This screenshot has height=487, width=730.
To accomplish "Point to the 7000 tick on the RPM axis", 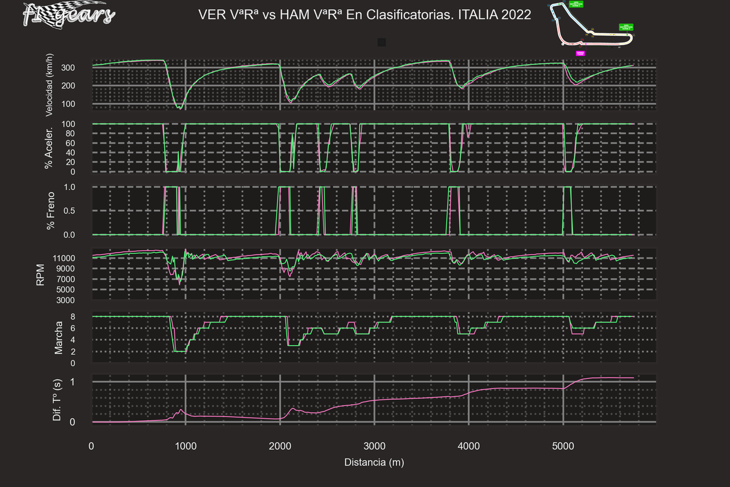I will pyautogui.click(x=74, y=279).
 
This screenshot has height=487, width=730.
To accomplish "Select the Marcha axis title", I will pyautogui.click(x=59, y=338).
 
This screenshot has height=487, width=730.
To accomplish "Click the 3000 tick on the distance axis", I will pyautogui.click(x=374, y=446).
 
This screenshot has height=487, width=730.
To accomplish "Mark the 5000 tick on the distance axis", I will pyautogui.click(x=563, y=446).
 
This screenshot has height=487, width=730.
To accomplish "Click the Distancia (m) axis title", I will pyautogui.click(x=374, y=463).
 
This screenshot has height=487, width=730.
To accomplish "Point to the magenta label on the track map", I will pyautogui.click(x=580, y=53).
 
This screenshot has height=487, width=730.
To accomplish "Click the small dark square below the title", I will pyautogui.click(x=382, y=42).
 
